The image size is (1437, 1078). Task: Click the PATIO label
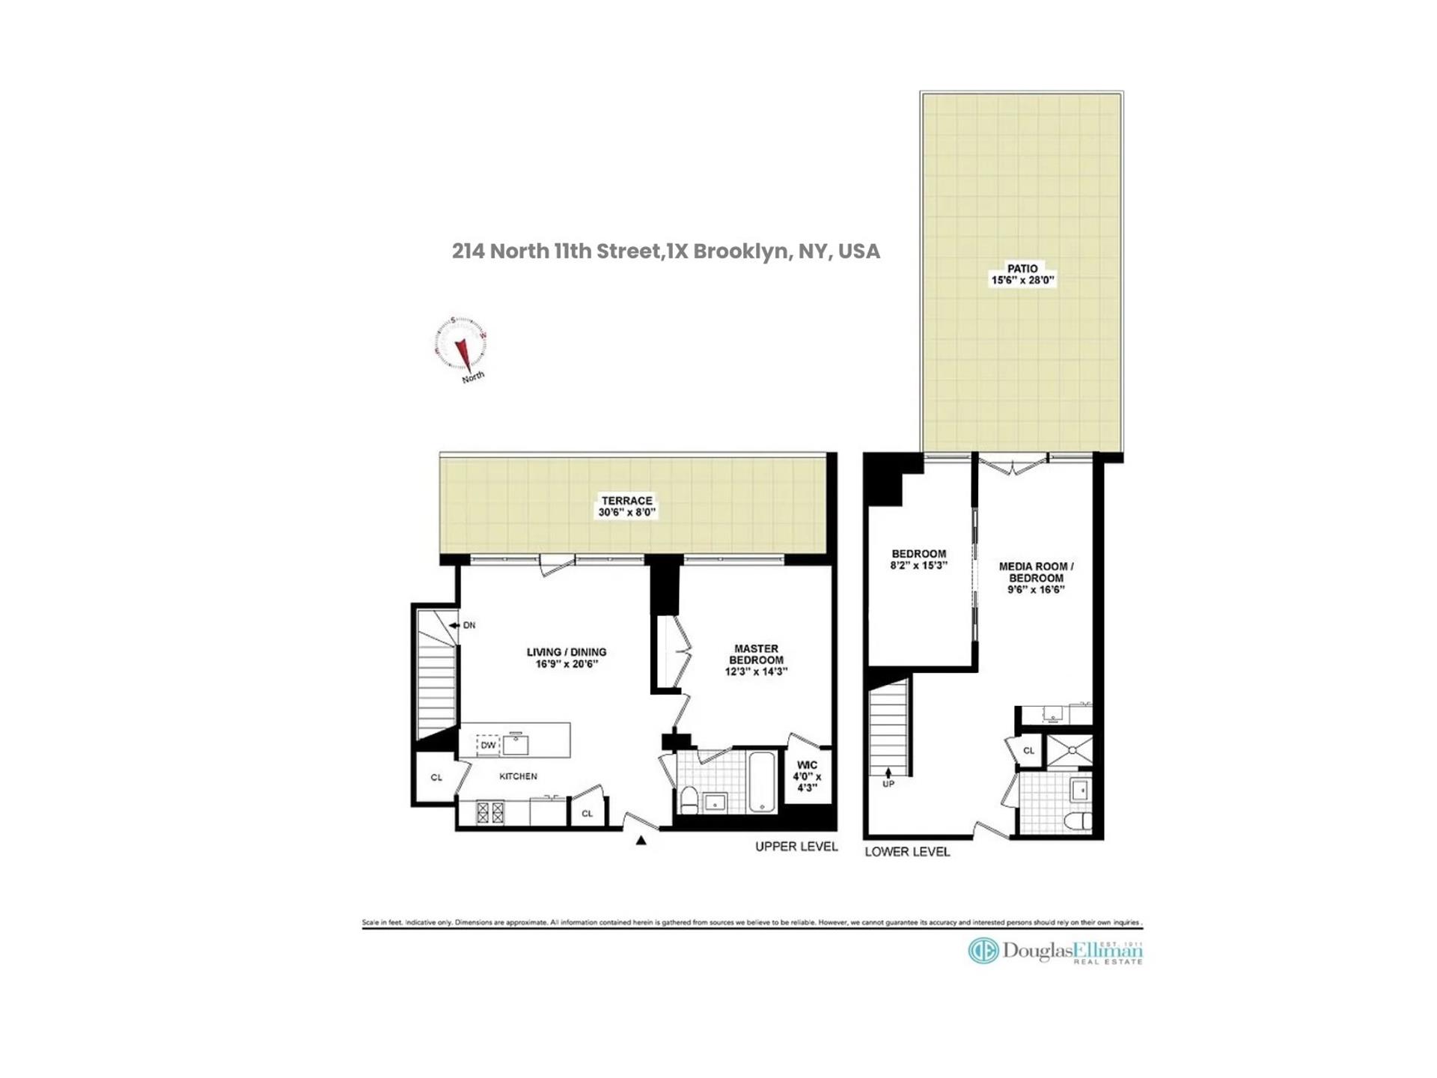tap(1022, 269)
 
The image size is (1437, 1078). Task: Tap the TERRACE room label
tap(627, 501)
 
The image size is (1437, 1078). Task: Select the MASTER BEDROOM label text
tap(756, 654)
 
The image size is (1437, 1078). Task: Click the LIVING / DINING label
tap(567, 652)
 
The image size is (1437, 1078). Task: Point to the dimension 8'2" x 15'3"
tap(919, 566)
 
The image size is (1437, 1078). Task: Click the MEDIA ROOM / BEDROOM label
tap(1036, 572)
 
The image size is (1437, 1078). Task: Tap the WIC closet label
tap(807, 765)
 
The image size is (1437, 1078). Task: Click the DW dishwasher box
tap(488, 746)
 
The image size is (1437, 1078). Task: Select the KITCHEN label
tap(518, 776)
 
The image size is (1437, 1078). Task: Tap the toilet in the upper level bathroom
tap(689, 800)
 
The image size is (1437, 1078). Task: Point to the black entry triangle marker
tap(641, 841)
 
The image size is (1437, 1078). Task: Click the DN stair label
tap(469, 625)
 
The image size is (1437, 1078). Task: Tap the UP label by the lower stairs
tap(888, 784)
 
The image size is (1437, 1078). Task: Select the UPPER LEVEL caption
tap(796, 847)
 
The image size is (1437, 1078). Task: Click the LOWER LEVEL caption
tap(907, 852)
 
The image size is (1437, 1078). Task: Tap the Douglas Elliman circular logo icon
tap(983, 951)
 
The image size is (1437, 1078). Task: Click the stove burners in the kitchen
tap(491, 813)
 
